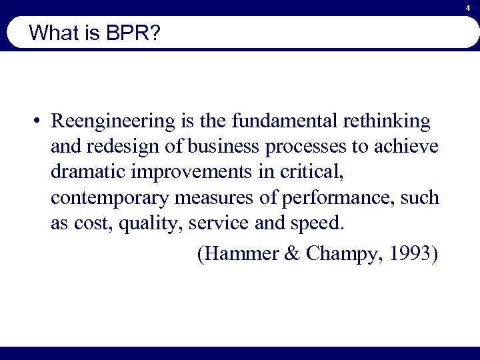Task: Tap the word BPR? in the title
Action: (x=132, y=33)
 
